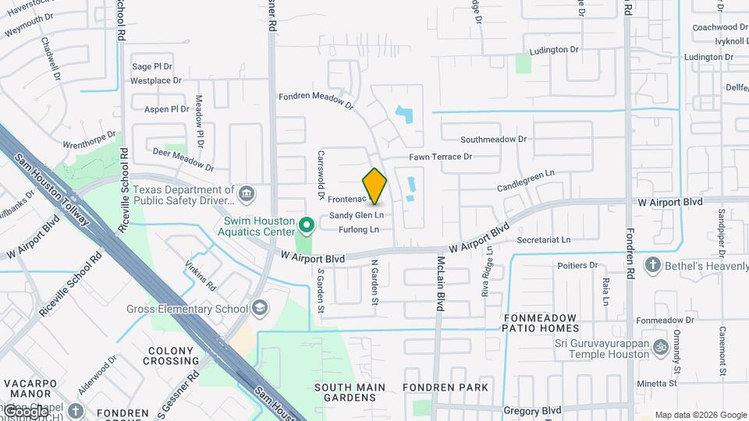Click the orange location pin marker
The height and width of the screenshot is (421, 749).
point(374,186)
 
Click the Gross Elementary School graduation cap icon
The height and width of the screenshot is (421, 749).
point(258,309)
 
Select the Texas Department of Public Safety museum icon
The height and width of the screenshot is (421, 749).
point(246,193)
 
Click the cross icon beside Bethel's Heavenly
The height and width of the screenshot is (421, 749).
point(652,266)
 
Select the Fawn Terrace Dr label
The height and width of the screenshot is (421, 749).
point(441,157)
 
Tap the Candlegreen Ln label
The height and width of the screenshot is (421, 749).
point(525,181)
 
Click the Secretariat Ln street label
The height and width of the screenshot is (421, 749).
point(543,239)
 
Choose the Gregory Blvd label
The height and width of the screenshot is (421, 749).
point(532,410)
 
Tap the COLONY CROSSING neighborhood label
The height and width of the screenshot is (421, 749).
point(172,356)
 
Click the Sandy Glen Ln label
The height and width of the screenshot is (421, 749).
point(357,214)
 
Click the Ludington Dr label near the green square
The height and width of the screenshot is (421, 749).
point(554,49)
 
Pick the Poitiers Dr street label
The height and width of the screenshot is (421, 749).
point(577,266)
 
